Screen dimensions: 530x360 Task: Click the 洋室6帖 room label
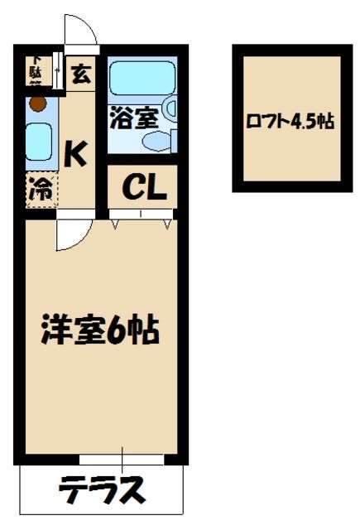101,331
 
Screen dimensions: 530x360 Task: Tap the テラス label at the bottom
101,490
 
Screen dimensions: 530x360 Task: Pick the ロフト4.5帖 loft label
290,121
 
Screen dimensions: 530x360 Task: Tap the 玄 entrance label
81,75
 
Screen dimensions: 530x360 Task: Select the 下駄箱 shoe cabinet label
38,70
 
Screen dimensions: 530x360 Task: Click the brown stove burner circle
36,104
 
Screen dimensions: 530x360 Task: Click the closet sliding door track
141,214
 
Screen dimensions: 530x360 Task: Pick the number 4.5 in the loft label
303,121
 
